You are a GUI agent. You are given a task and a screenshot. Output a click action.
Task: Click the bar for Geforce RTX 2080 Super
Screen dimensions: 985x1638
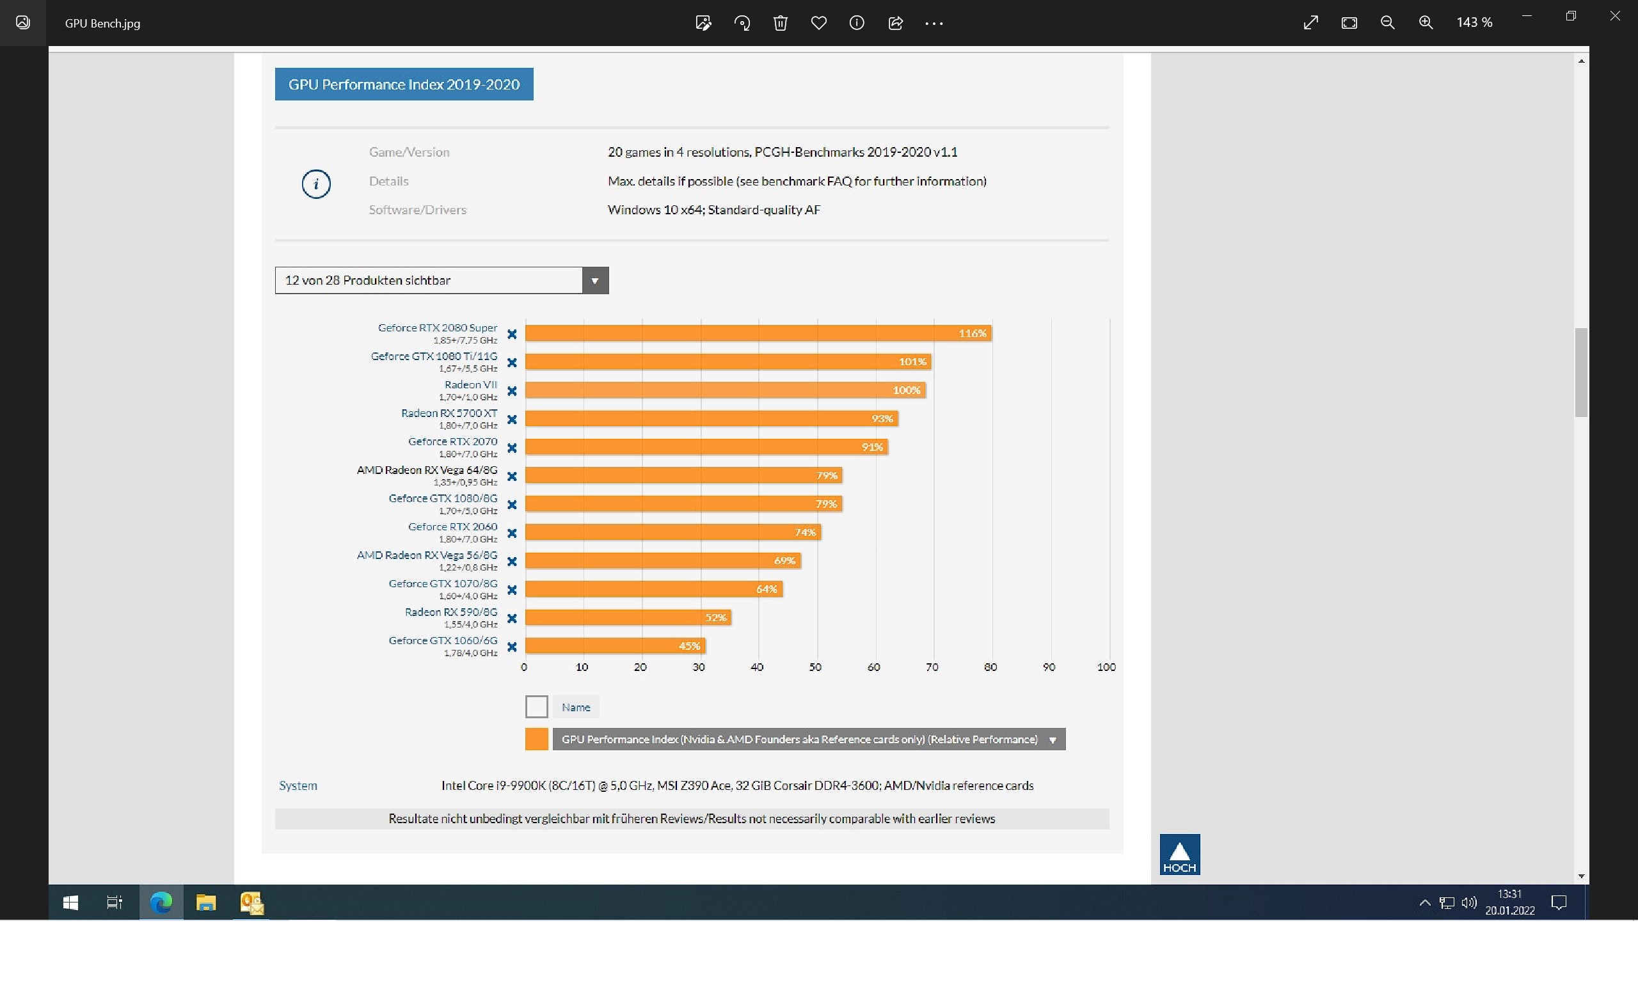pos(757,333)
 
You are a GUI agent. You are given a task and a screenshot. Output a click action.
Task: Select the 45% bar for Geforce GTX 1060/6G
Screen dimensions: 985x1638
pos(614,646)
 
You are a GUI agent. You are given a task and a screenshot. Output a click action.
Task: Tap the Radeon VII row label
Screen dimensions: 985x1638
pos(470,385)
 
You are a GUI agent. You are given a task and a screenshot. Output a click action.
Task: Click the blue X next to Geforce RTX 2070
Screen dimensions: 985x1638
pos(512,448)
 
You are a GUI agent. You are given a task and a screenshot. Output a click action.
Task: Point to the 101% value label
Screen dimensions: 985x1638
pos(912,362)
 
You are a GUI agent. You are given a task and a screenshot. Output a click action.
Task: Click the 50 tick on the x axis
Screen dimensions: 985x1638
pos(815,667)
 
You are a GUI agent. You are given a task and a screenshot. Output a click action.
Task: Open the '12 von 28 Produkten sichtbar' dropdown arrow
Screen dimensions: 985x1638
pos(595,281)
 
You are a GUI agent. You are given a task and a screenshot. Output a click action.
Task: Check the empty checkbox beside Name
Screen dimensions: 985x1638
pos(536,707)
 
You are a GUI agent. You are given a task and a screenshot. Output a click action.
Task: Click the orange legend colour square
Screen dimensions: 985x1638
pos(536,739)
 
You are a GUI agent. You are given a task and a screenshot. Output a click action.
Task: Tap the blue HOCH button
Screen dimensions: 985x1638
pos(1179,855)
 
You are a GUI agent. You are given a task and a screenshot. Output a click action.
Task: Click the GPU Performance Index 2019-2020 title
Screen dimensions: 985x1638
pos(404,84)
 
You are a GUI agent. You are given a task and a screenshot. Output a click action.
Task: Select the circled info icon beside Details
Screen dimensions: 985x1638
pos(316,184)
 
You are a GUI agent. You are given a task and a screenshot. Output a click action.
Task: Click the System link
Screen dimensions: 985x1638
pos(298,786)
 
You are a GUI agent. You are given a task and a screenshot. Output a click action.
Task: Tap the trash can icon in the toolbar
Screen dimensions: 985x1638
pos(780,23)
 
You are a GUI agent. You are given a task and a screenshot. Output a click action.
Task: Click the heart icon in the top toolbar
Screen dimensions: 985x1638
pos(818,23)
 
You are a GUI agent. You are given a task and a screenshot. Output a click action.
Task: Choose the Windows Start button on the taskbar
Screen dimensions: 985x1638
pos(70,902)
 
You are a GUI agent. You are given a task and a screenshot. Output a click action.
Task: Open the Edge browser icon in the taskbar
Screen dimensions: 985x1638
pos(161,902)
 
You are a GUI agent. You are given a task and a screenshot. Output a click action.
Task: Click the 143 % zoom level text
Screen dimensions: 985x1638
pos(1474,23)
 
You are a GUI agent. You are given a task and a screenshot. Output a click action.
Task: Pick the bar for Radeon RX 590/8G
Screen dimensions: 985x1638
pos(628,617)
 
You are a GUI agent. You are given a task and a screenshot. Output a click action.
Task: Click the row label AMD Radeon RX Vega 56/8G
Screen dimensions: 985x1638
pos(427,556)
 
